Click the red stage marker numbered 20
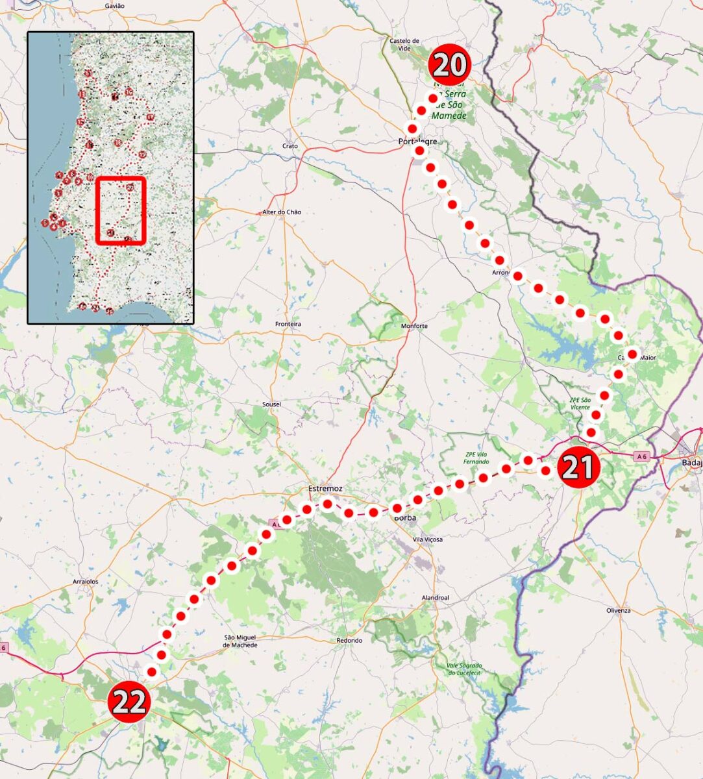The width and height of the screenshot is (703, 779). (449, 65)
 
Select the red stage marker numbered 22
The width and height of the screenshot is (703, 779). (130, 702)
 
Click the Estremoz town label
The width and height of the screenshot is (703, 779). (325, 488)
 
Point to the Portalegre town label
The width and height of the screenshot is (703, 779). (417, 141)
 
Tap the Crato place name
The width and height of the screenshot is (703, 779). (290, 146)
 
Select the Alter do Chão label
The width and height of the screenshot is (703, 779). (282, 212)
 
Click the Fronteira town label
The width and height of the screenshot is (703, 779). (288, 324)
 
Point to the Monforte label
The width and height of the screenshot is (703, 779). (414, 326)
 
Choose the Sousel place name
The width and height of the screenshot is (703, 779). (271, 404)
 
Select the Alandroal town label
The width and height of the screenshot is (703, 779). (435, 598)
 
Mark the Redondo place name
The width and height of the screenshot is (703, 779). (349, 641)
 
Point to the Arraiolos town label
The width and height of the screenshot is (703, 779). (86, 582)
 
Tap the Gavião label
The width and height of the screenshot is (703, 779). (114, 6)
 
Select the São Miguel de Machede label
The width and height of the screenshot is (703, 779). (240, 641)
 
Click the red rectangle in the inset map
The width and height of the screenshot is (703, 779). (120, 210)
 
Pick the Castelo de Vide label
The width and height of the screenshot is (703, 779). (404, 44)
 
